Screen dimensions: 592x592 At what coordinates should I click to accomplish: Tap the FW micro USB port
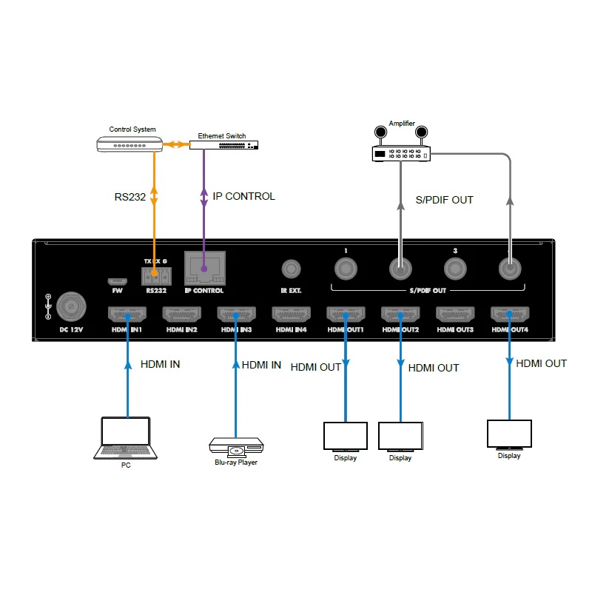click(115, 281)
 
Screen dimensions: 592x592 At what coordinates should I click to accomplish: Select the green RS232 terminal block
click(156, 275)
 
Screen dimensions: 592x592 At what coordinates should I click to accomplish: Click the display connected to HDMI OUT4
click(509, 434)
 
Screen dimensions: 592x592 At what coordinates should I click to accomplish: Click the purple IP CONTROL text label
click(243, 197)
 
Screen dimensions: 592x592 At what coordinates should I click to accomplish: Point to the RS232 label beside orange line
click(130, 198)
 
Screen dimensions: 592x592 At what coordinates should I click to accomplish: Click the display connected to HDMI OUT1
click(345, 437)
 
